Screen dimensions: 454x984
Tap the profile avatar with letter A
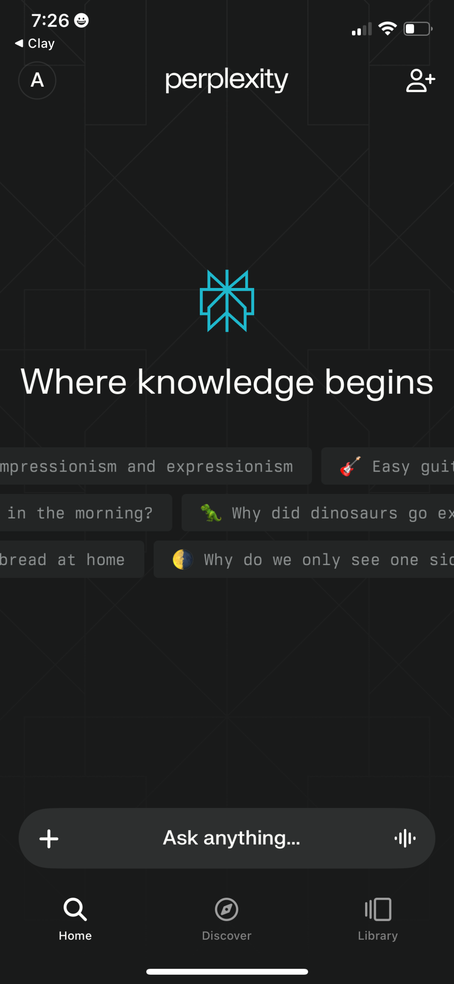[37, 80]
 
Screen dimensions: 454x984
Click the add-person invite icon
[420, 80]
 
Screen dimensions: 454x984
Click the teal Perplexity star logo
[227, 301]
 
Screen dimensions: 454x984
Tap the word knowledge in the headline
[226, 382]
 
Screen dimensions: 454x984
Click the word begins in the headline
[379, 382]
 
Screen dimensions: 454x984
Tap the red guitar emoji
[350, 466]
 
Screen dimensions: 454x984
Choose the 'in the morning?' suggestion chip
[85, 513]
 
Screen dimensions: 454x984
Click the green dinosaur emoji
[211, 513]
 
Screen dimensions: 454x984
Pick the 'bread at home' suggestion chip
[72, 559]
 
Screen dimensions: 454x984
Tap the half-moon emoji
[183, 559]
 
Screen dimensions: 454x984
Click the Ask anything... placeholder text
[231, 838]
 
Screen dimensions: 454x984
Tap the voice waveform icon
[405, 838]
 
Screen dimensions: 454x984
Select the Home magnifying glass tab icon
[75, 909]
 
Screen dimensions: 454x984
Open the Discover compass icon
[226, 909]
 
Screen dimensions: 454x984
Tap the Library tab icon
[378, 909]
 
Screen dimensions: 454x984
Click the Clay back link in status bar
[35, 44]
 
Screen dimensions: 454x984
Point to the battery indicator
[418, 29]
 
